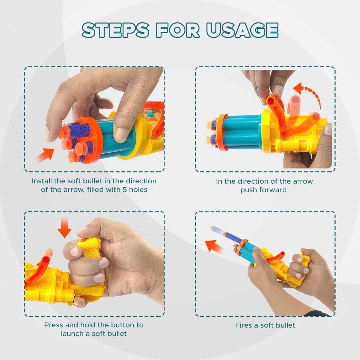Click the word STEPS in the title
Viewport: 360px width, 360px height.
(116, 30)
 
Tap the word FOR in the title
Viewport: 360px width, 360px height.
(178, 30)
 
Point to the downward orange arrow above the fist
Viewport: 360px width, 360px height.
(64, 227)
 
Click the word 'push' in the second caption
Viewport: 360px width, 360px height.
(248, 190)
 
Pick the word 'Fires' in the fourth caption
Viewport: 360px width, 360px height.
(244, 325)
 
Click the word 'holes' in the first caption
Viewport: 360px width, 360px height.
(138, 190)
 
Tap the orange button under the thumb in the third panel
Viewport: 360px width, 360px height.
(84, 240)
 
